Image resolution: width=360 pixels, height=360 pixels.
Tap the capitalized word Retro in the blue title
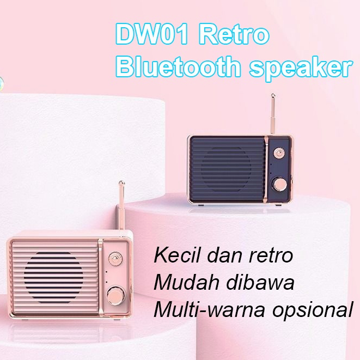pyautogui.click(x=234, y=36)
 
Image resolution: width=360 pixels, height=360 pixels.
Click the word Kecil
pyautogui.click(x=174, y=255)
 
